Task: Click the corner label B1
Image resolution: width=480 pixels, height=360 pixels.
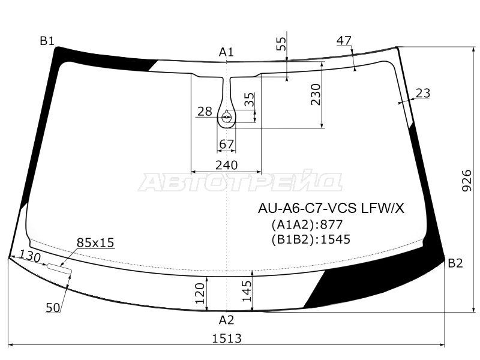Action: point(47,41)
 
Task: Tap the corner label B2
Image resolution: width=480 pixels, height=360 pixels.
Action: point(455,263)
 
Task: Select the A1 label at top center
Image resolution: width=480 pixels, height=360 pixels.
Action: point(226,52)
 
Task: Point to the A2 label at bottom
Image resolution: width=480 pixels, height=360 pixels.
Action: point(226,320)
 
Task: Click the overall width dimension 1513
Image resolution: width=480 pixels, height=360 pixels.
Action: point(227,338)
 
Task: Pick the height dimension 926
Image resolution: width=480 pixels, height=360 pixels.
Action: point(467,181)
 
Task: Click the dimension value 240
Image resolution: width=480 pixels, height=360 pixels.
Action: point(226,165)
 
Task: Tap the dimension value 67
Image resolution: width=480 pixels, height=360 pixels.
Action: point(227,144)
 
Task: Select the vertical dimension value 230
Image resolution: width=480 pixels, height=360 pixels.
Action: point(315,94)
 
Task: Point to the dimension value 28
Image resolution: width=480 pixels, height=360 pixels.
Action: point(205,112)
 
